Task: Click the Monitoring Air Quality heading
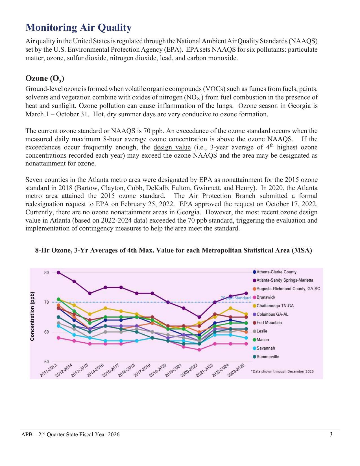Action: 78,28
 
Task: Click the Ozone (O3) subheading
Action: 45,78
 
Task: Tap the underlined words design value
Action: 172,147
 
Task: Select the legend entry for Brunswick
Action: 265,297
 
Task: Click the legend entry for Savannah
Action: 265,348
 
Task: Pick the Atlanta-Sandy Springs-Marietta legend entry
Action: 284,280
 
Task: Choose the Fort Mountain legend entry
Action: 269,323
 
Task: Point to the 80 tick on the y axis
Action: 46,273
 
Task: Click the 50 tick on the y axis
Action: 46,362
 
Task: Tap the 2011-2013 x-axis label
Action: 49,371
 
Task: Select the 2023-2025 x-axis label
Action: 236,371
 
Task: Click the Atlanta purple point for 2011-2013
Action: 58,273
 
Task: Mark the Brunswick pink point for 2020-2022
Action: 199,350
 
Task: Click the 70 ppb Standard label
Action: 235,298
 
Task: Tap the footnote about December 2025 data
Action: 282,371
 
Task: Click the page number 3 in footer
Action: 331,434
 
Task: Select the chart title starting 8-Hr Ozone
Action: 173,251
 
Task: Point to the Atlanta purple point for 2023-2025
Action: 246,293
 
